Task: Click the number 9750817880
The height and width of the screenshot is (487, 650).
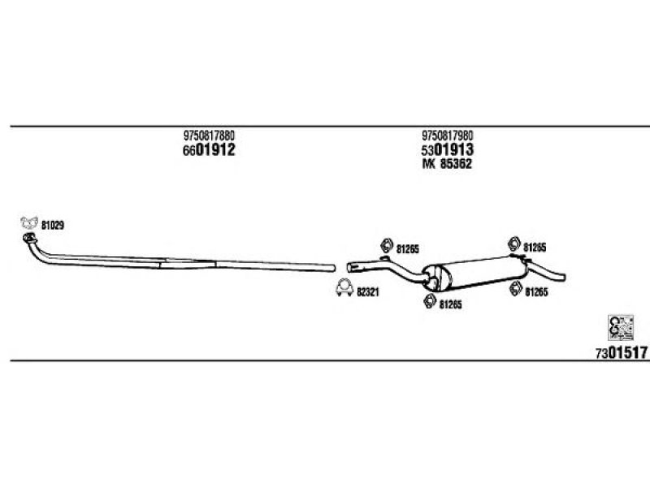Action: tap(209, 136)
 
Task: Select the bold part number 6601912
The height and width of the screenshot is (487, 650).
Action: tap(209, 149)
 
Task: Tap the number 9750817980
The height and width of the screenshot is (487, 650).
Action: tap(448, 136)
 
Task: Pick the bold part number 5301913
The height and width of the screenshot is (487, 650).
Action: tap(448, 149)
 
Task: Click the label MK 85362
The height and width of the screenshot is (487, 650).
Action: tap(447, 164)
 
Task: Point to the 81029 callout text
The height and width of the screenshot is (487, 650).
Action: tap(53, 226)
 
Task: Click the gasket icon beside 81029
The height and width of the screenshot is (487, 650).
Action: tap(29, 222)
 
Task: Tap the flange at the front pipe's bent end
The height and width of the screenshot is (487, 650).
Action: tap(29, 238)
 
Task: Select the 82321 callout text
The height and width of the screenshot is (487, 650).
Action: tap(368, 292)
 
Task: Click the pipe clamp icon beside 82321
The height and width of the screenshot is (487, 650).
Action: tap(344, 288)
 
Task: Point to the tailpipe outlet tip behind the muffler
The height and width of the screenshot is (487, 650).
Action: tap(563, 277)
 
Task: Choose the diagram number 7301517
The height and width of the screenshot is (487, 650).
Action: tap(621, 353)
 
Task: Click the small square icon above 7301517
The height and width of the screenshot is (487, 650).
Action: tap(621, 328)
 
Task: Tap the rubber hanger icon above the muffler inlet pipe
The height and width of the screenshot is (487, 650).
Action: tap(387, 246)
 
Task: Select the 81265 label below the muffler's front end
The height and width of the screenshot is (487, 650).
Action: tap(450, 305)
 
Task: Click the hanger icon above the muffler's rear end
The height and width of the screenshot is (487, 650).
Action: tap(514, 244)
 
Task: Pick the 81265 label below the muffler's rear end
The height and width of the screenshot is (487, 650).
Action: tap(536, 292)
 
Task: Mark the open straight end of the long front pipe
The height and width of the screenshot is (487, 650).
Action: tap(333, 268)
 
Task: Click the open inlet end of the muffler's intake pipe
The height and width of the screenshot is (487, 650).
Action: tap(349, 268)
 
